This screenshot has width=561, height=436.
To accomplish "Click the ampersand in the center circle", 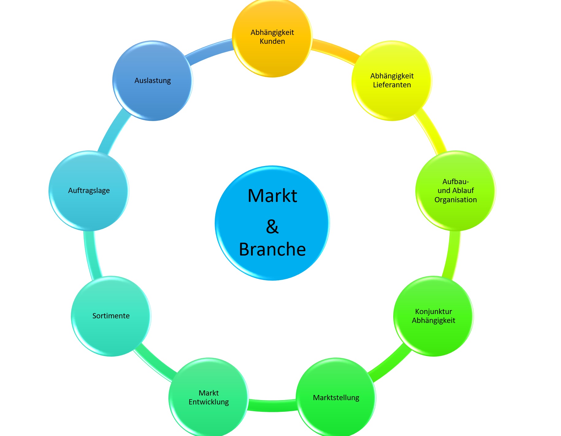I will [272, 227].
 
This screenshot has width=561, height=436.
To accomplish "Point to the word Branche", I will [272, 249].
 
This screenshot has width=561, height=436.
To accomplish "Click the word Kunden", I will [272, 41].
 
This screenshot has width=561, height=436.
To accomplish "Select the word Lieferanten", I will [392, 85].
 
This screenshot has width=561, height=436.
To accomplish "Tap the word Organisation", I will [455, 200].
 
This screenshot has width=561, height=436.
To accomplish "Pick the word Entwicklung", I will [209, 402].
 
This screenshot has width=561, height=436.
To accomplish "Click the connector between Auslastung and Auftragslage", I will [113, 133].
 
